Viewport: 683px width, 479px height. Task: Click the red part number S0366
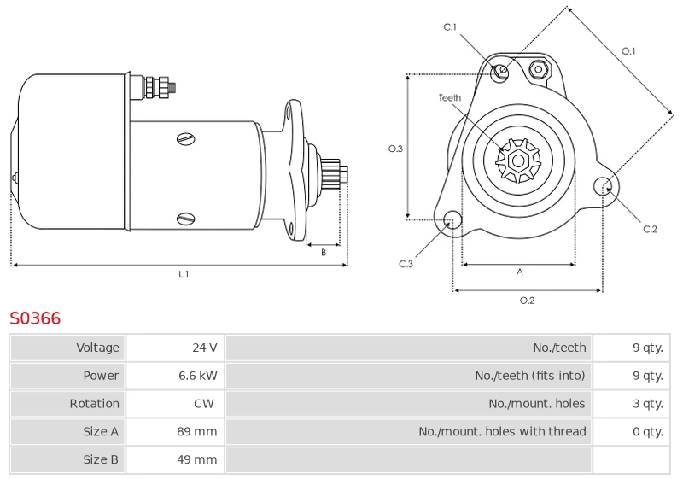click(x=35, y=318)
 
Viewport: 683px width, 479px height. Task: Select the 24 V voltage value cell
click(x=175, y=348)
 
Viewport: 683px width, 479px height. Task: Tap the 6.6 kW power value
click(x=198, y=376)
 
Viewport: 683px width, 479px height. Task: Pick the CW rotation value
click(x=204, y=403)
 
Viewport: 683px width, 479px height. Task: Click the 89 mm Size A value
click(x=197, y=431)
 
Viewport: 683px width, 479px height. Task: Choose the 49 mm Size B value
click(x=197, y=459)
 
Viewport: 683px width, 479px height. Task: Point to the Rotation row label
click(x=94, y=404)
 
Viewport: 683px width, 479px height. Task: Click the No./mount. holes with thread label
click(x=502, y=431)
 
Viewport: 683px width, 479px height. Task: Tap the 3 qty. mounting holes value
click(x=648, y=404)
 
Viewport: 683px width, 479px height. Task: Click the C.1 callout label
click(x=450, y=27)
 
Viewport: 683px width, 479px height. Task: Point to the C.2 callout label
click(x=650, y=229)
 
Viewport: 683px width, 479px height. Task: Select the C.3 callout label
click(x=406, y=264)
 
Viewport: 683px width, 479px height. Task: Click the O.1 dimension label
click(x=628, y=51)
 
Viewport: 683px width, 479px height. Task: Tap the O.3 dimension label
click(x=395, y=149)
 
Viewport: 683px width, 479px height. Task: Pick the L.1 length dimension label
click(x=184, y=274)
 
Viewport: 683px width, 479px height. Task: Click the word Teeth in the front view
click(x=450, y=98)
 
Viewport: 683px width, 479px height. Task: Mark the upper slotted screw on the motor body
click(x=186, y=139)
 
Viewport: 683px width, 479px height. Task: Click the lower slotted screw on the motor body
click(x=186, y=219)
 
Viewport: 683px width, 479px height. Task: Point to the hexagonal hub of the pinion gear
click(x=518, y=161)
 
